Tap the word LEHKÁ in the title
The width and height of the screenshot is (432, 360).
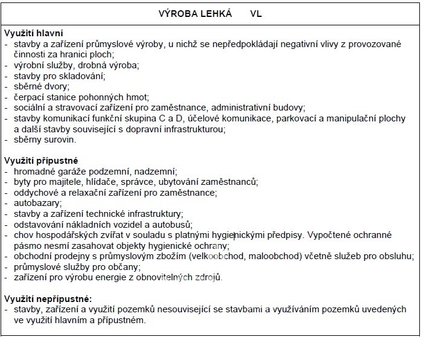tap(213, 13)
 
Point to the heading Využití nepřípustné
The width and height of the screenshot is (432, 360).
tap(48, 298)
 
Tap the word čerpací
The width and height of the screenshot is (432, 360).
tap(28, 97)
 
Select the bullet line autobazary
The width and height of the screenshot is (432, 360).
tap(35, 203)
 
